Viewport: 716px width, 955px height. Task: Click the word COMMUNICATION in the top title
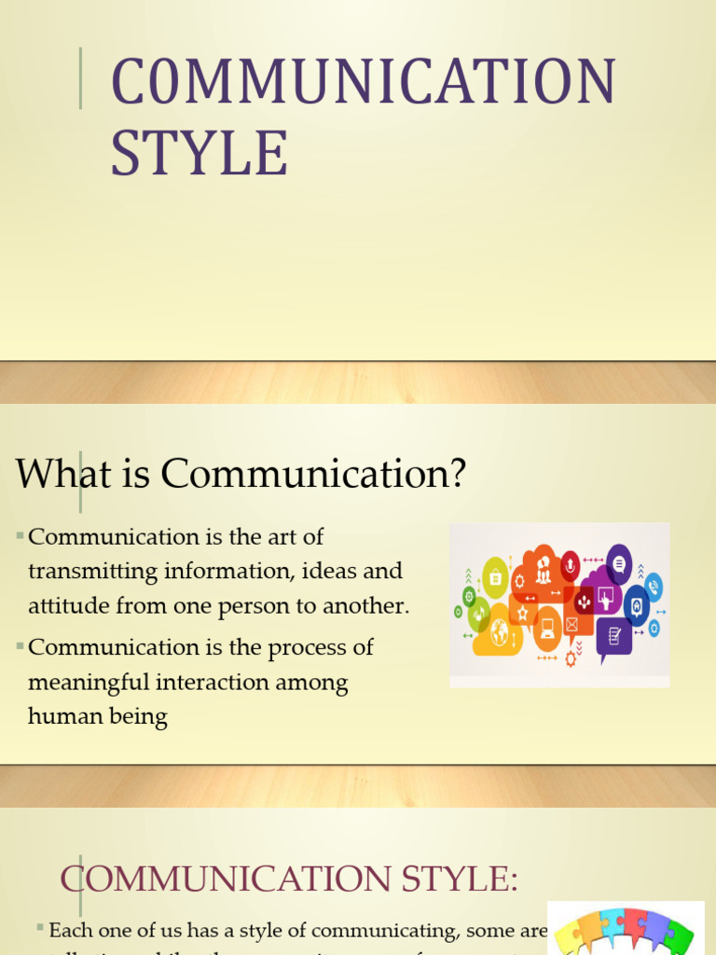coord(364,81)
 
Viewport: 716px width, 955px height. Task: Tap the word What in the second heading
coord(54,475)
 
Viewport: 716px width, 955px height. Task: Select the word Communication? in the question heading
coord(312,475)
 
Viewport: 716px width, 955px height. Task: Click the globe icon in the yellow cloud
coord(500,631)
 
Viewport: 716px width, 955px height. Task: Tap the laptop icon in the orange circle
coord(547,627)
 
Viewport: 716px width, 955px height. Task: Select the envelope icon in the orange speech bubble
coord(571,624)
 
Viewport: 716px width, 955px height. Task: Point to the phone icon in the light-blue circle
coord(654,587)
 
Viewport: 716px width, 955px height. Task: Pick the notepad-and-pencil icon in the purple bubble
coord(614,636)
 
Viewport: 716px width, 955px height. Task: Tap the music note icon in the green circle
coord(479,615)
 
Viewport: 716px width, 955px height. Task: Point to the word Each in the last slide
coord(68,930)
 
